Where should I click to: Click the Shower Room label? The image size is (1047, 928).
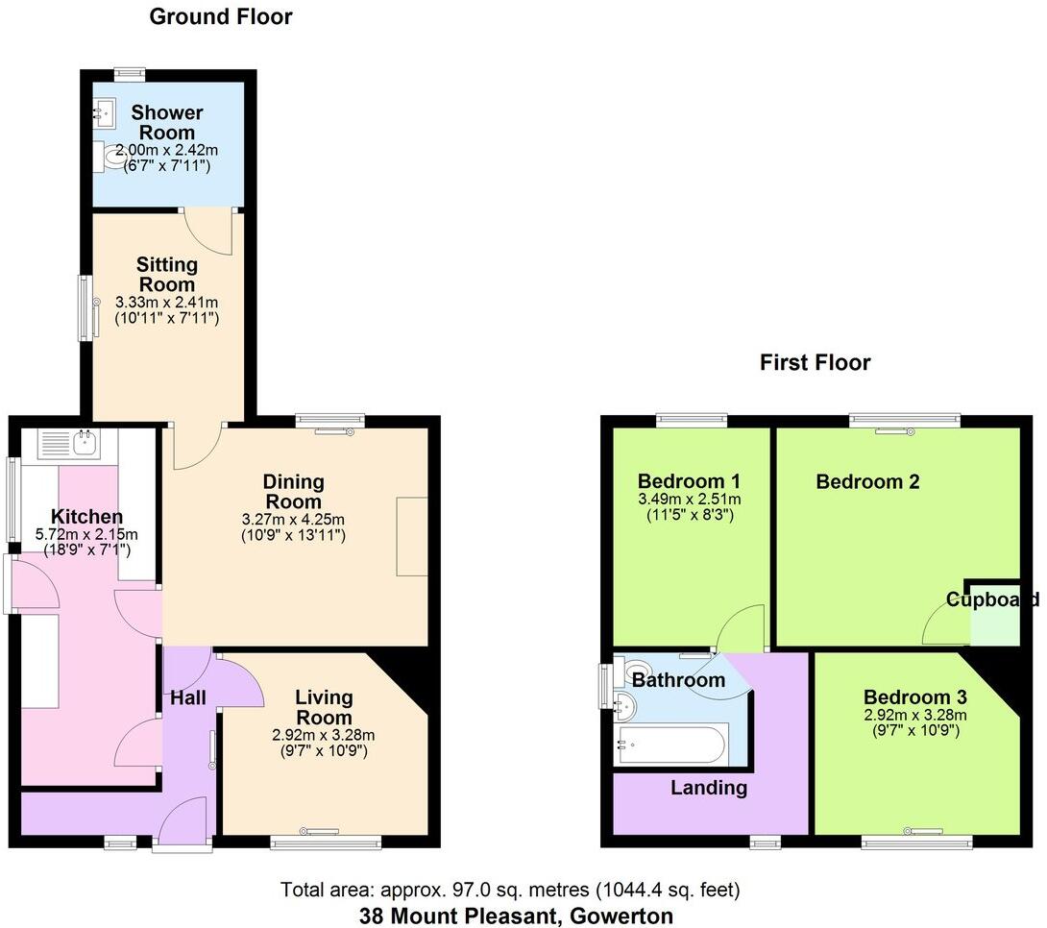pyautogui.click(x=167, y=122)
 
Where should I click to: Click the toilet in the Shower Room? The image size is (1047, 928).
pyautogui.click(x=110, y=157)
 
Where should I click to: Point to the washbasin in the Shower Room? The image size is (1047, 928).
pyautogui.click(x=104, y=113)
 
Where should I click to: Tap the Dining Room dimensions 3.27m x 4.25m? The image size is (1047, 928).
pyautogui.click(x=293, y=520)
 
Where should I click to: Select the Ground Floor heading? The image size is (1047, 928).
pyautogui.click(x=221, y=16)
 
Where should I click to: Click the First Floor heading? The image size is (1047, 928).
pyautogui.click(x=815, y=362)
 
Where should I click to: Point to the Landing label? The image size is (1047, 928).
pyautogui.click(x=709, y=788)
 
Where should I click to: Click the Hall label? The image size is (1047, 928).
pyautogui.click(x=187, y=698)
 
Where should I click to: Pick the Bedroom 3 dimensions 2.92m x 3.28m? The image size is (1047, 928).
pyautogui.click(x=914, y=716)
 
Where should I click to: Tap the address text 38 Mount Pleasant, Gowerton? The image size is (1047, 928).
pyautogui.click(x=516, y=916)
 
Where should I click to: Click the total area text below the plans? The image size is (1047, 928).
pyautogui.click(x=510, y=890)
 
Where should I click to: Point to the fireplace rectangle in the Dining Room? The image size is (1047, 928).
pyautogui.click(x=411, y=536)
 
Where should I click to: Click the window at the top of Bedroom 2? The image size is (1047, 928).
pyautogui.click(x=905, y=421)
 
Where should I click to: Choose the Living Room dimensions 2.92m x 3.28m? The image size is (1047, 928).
pyautogui.click(x=323, y=735)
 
